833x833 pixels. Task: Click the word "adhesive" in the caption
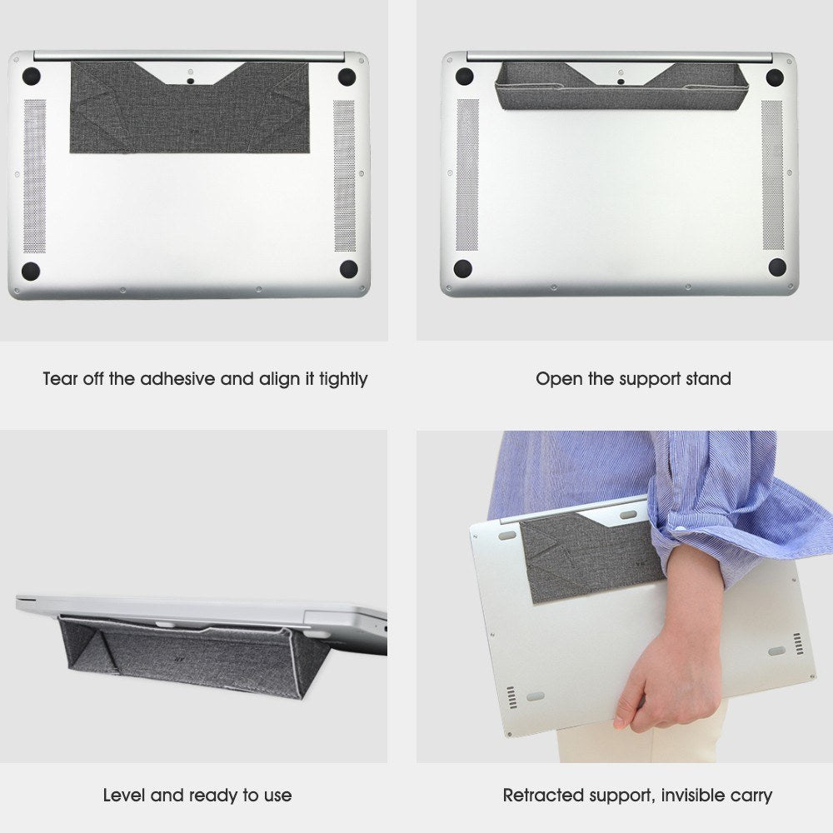pos(177,379)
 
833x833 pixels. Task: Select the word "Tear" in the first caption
pos(62,379)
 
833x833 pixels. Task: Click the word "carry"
pos(751,796)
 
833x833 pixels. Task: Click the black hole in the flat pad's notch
pos(190,81)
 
